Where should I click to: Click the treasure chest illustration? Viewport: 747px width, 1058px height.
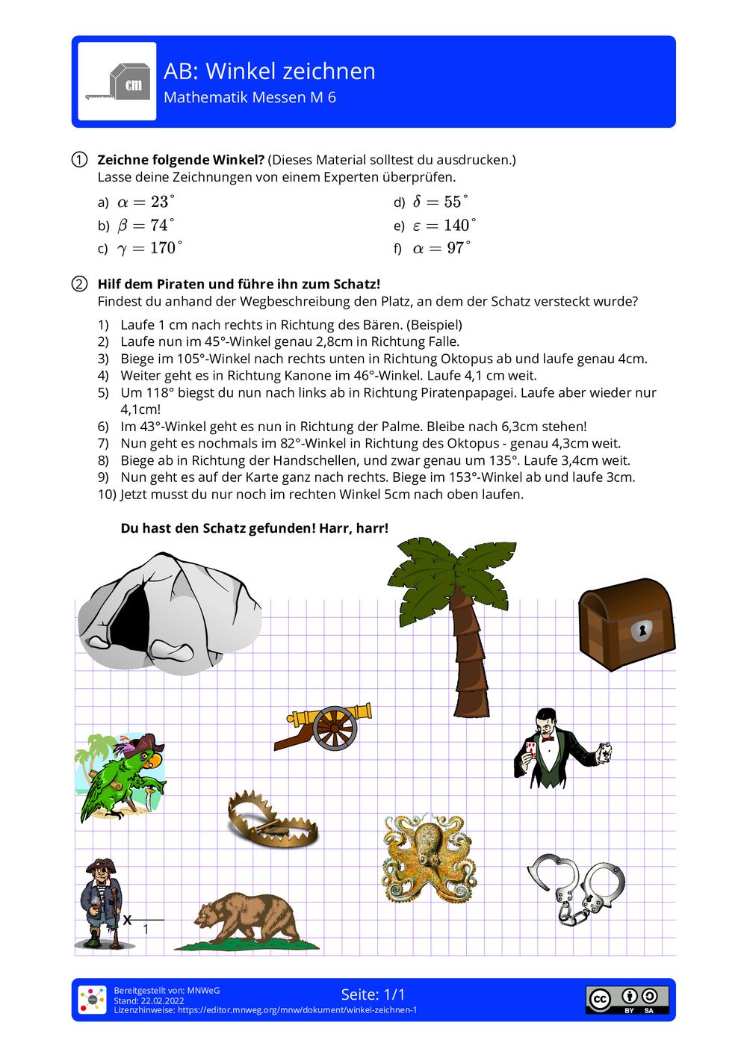tap(626, 623)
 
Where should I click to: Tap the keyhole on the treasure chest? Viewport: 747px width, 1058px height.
tap(641, 631)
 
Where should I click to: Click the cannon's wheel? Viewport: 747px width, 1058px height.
tap(334, 728)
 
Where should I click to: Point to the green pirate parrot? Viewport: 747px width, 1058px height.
tap(122, 777)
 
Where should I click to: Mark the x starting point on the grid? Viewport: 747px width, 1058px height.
tap(128, 920)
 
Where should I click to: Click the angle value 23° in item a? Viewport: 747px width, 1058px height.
tap(161, 202)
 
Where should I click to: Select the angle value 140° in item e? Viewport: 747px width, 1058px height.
tap(459, 225)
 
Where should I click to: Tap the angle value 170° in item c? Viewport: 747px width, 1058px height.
tap(165, 248)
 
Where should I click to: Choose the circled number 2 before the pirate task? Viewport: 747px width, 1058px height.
tap(79, 284)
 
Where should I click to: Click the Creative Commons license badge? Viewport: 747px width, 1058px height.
tap(627, 999)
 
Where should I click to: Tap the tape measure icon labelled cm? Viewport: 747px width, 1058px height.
tap(117, 81)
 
